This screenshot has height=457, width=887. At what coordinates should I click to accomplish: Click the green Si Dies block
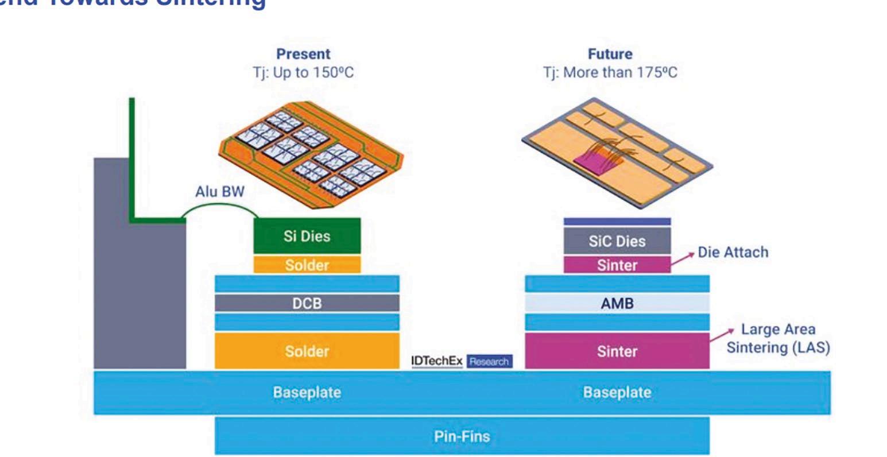pos(307,235)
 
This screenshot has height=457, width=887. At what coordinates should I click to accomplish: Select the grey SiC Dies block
pos(617,241)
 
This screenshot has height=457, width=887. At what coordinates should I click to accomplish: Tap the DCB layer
pos(307,303)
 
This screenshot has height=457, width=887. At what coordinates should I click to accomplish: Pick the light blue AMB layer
pos(617,303)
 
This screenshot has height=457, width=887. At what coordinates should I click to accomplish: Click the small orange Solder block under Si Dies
pos(307,265)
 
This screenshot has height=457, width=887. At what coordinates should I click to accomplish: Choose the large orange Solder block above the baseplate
pos(307,351)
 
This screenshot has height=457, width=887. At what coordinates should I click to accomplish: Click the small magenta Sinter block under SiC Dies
pos(617,265)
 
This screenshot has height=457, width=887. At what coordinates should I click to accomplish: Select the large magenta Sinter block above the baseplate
pos(617,351)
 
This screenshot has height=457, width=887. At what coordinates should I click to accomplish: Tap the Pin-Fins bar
pos(462,436)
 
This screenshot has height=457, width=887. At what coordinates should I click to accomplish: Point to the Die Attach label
pos(733,252)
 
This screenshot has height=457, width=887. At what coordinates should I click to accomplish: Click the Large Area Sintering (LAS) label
pos(778,339)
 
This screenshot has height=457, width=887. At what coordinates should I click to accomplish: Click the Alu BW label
pos(220,192)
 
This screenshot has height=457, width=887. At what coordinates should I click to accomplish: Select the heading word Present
pos(303,54)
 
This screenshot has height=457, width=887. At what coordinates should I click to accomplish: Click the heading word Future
pos(610,54)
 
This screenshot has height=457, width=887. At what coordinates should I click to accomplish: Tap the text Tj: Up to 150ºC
pos(303,73)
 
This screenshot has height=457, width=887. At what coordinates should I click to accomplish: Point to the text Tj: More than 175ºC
pos(610,73)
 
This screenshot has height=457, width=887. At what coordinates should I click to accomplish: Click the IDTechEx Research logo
pos(461,361)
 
